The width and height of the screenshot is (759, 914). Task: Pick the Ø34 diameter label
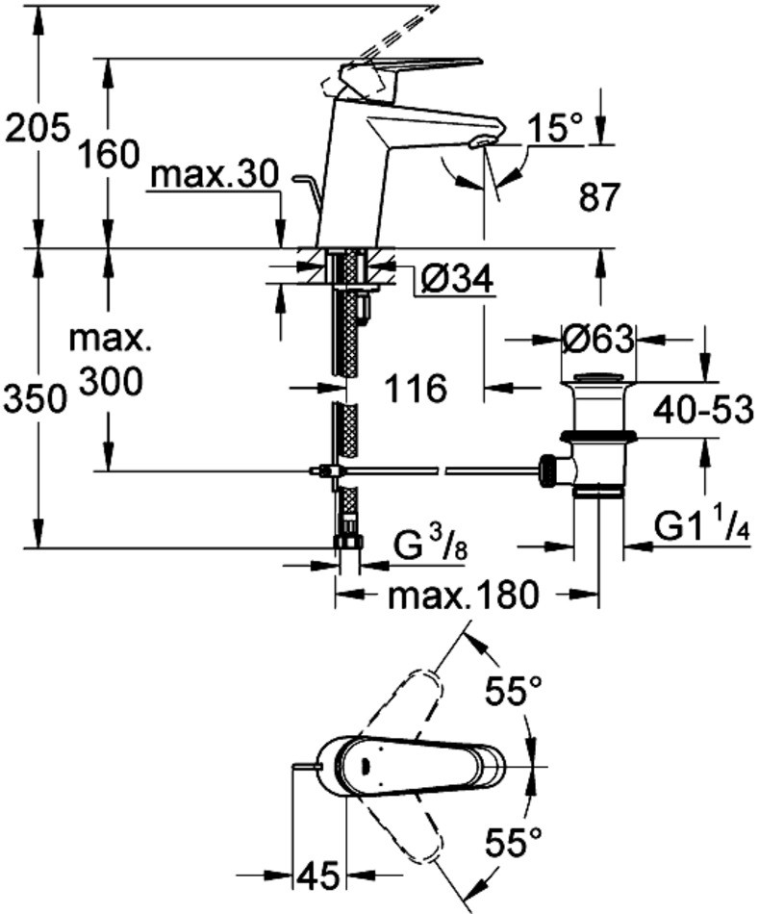458,281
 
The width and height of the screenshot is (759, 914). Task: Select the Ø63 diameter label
597,340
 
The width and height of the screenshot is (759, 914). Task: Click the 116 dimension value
416,390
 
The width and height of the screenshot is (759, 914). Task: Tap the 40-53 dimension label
701,412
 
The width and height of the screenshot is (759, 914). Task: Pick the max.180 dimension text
461,597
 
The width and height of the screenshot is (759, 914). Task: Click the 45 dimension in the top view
318,876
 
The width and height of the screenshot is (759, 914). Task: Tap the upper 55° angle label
512,689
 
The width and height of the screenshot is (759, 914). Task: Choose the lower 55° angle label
512,845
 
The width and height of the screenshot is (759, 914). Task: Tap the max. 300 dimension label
110,361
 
